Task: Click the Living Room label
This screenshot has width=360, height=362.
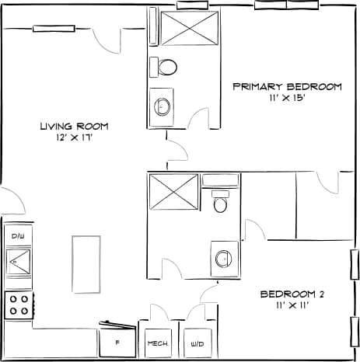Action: click(x=74, y=126)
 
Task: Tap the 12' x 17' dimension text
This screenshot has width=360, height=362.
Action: click(x=74, y=138)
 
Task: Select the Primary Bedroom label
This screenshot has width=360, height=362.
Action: click(x=287, y=86)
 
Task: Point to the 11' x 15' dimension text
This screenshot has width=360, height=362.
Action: click(x=288, y=99)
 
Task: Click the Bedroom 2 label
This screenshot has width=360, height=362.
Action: click(x=292, y=294)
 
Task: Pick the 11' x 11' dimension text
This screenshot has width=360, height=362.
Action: click(x=292, y=306)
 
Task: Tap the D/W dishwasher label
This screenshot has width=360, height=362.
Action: click(x=17, y=235)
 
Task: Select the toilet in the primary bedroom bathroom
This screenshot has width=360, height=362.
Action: click(x=165, y=67)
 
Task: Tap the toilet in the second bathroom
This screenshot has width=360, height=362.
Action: click(x=220, y=204)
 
